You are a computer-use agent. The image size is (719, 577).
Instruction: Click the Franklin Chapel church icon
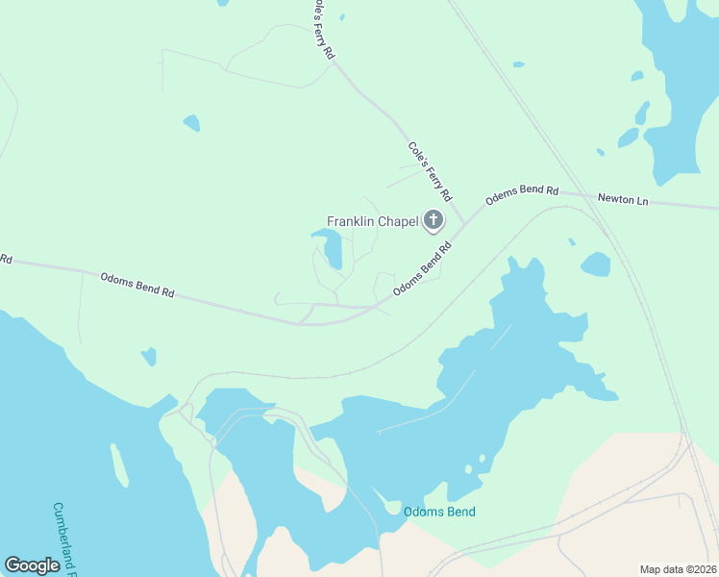click(x=434, y=221)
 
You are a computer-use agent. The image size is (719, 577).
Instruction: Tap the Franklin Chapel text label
click(x=372, y=221)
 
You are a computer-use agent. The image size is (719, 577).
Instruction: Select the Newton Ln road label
click(x=623, y=199)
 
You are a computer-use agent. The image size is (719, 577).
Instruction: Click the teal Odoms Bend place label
click(x=439, y=512)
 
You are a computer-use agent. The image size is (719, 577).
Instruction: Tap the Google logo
click(x=32, y=564)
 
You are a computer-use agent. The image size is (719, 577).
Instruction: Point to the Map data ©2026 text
click(x=678, y=569)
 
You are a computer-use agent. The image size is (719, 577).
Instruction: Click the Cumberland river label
click(x=66, y=535)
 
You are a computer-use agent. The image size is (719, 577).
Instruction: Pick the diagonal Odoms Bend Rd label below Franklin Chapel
click(x=422, y=270)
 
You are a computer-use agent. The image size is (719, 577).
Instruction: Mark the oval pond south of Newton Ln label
click(x=595, y=263)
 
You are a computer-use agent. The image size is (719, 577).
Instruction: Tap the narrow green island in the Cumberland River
click(x=119, y=464)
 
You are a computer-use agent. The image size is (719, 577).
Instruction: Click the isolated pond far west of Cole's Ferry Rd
click(x=192, y=123)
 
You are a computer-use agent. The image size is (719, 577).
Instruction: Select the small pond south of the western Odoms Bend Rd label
click(x=149, y=357)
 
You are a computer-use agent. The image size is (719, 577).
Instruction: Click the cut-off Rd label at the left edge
click(x=6, y=259)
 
